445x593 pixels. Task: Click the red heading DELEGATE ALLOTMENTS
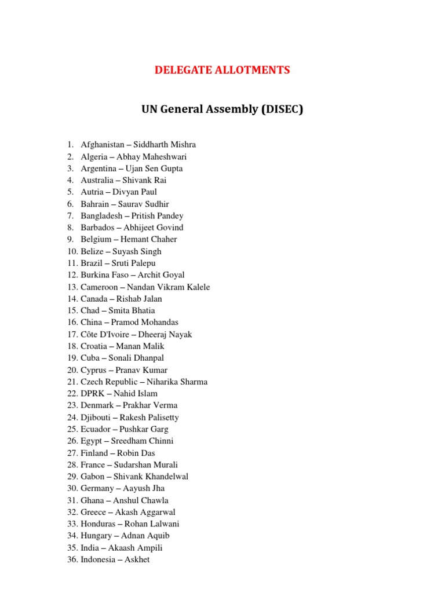[x=222, y=71]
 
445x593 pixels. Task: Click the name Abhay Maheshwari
[x=151, y=156]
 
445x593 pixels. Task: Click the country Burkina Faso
[x=106, y=275]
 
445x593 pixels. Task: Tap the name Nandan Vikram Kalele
[x=169, y=287]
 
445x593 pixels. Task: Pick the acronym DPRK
[x=93, y=393]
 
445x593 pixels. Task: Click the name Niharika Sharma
[x=178, y=382]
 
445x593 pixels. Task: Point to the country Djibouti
[x=97, y=417]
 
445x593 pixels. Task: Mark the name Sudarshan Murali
[x=146, y=464]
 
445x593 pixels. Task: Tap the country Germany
[x=97, y=488]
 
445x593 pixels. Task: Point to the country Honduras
[x=99, y=524]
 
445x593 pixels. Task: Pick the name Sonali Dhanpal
[x=137, y=358]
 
